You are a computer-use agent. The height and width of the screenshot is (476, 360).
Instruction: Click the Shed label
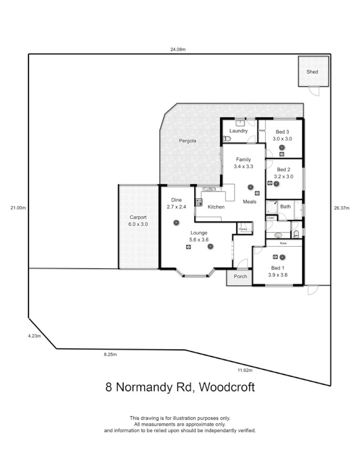(312, 72)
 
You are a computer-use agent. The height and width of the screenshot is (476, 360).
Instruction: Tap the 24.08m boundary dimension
(178, 49)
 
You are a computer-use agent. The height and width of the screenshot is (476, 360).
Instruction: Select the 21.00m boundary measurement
(18, 208)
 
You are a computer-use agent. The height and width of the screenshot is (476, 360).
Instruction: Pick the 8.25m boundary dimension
(110, 355)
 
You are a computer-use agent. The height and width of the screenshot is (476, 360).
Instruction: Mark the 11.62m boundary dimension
(245, 371)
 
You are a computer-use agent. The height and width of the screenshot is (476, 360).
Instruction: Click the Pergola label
(187, 141)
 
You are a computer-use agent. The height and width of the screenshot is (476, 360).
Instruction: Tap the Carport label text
(138, 217)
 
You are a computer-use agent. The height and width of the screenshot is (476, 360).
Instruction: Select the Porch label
(240, 277)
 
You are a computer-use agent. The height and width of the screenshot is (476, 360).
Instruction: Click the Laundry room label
(238, 131)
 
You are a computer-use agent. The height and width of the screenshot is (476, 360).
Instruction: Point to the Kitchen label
(216, 207)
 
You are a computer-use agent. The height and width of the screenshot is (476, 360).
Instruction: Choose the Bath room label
(285, 207)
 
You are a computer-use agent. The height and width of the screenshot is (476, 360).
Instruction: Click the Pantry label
(243, 229)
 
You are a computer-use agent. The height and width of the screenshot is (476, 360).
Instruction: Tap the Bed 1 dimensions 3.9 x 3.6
(278, 275)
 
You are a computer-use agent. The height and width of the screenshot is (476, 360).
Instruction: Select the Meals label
(250, 202)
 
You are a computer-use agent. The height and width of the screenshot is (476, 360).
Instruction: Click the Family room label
(243, 160)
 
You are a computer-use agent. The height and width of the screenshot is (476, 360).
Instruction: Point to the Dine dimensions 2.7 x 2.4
(176, 207)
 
